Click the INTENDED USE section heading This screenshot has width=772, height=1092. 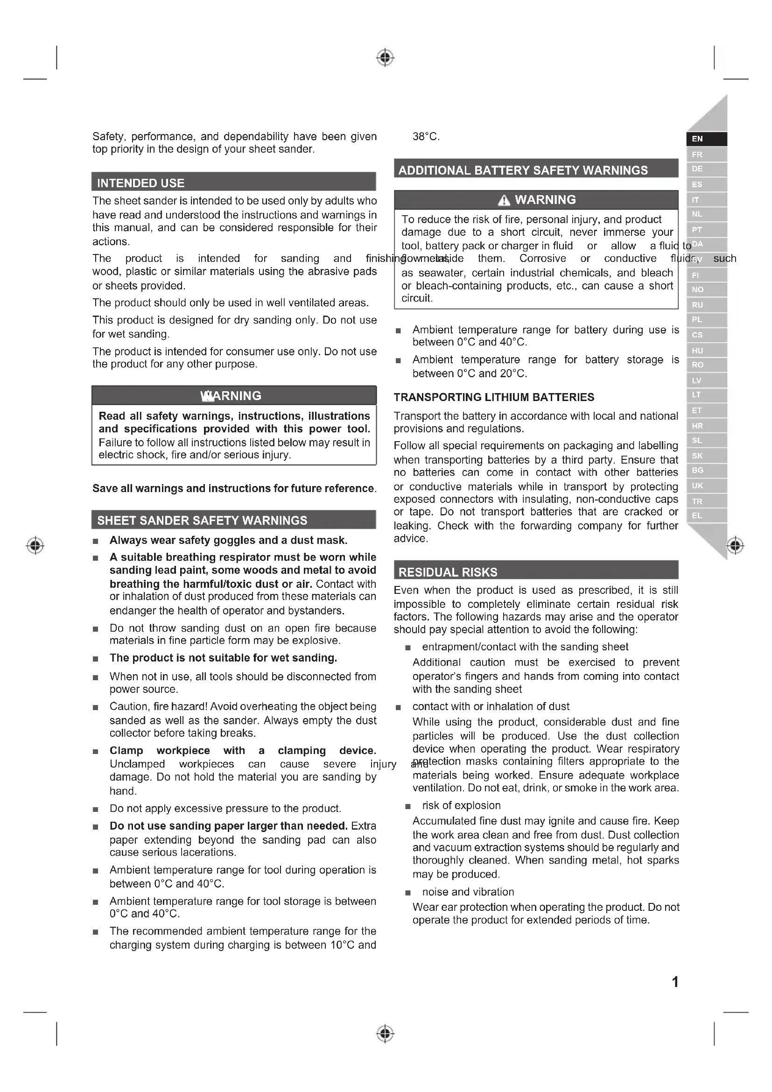[x=140, y=183]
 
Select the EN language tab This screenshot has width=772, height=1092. [x=697, y=139]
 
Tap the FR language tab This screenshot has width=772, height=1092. [x=697, y=155]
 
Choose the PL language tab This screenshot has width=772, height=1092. [x=697, y=320]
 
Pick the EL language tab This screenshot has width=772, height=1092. [x=697, y=515]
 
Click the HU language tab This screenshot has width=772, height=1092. [x=697, y=351]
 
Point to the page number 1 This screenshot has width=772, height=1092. [x=675, y=982]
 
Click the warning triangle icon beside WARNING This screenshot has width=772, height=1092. [x=504, y=201]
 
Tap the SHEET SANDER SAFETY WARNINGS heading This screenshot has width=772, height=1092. [x=202, y=520]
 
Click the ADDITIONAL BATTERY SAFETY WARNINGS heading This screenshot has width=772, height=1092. [x=523, y=170]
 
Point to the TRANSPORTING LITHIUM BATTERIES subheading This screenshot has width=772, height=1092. [x=494, y=397]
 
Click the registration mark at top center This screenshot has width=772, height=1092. [x=385, y=58]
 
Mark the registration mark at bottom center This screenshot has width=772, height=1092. [x=385, y=1034]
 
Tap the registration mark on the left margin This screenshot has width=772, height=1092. [x=35, y=545]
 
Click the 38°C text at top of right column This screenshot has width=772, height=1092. [x=426, y=137]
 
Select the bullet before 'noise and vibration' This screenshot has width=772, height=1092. [x=407, y=893]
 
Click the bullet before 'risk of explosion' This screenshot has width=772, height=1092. [x=407, y=806]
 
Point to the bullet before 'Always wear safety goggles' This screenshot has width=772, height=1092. [x=96, y=541]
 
